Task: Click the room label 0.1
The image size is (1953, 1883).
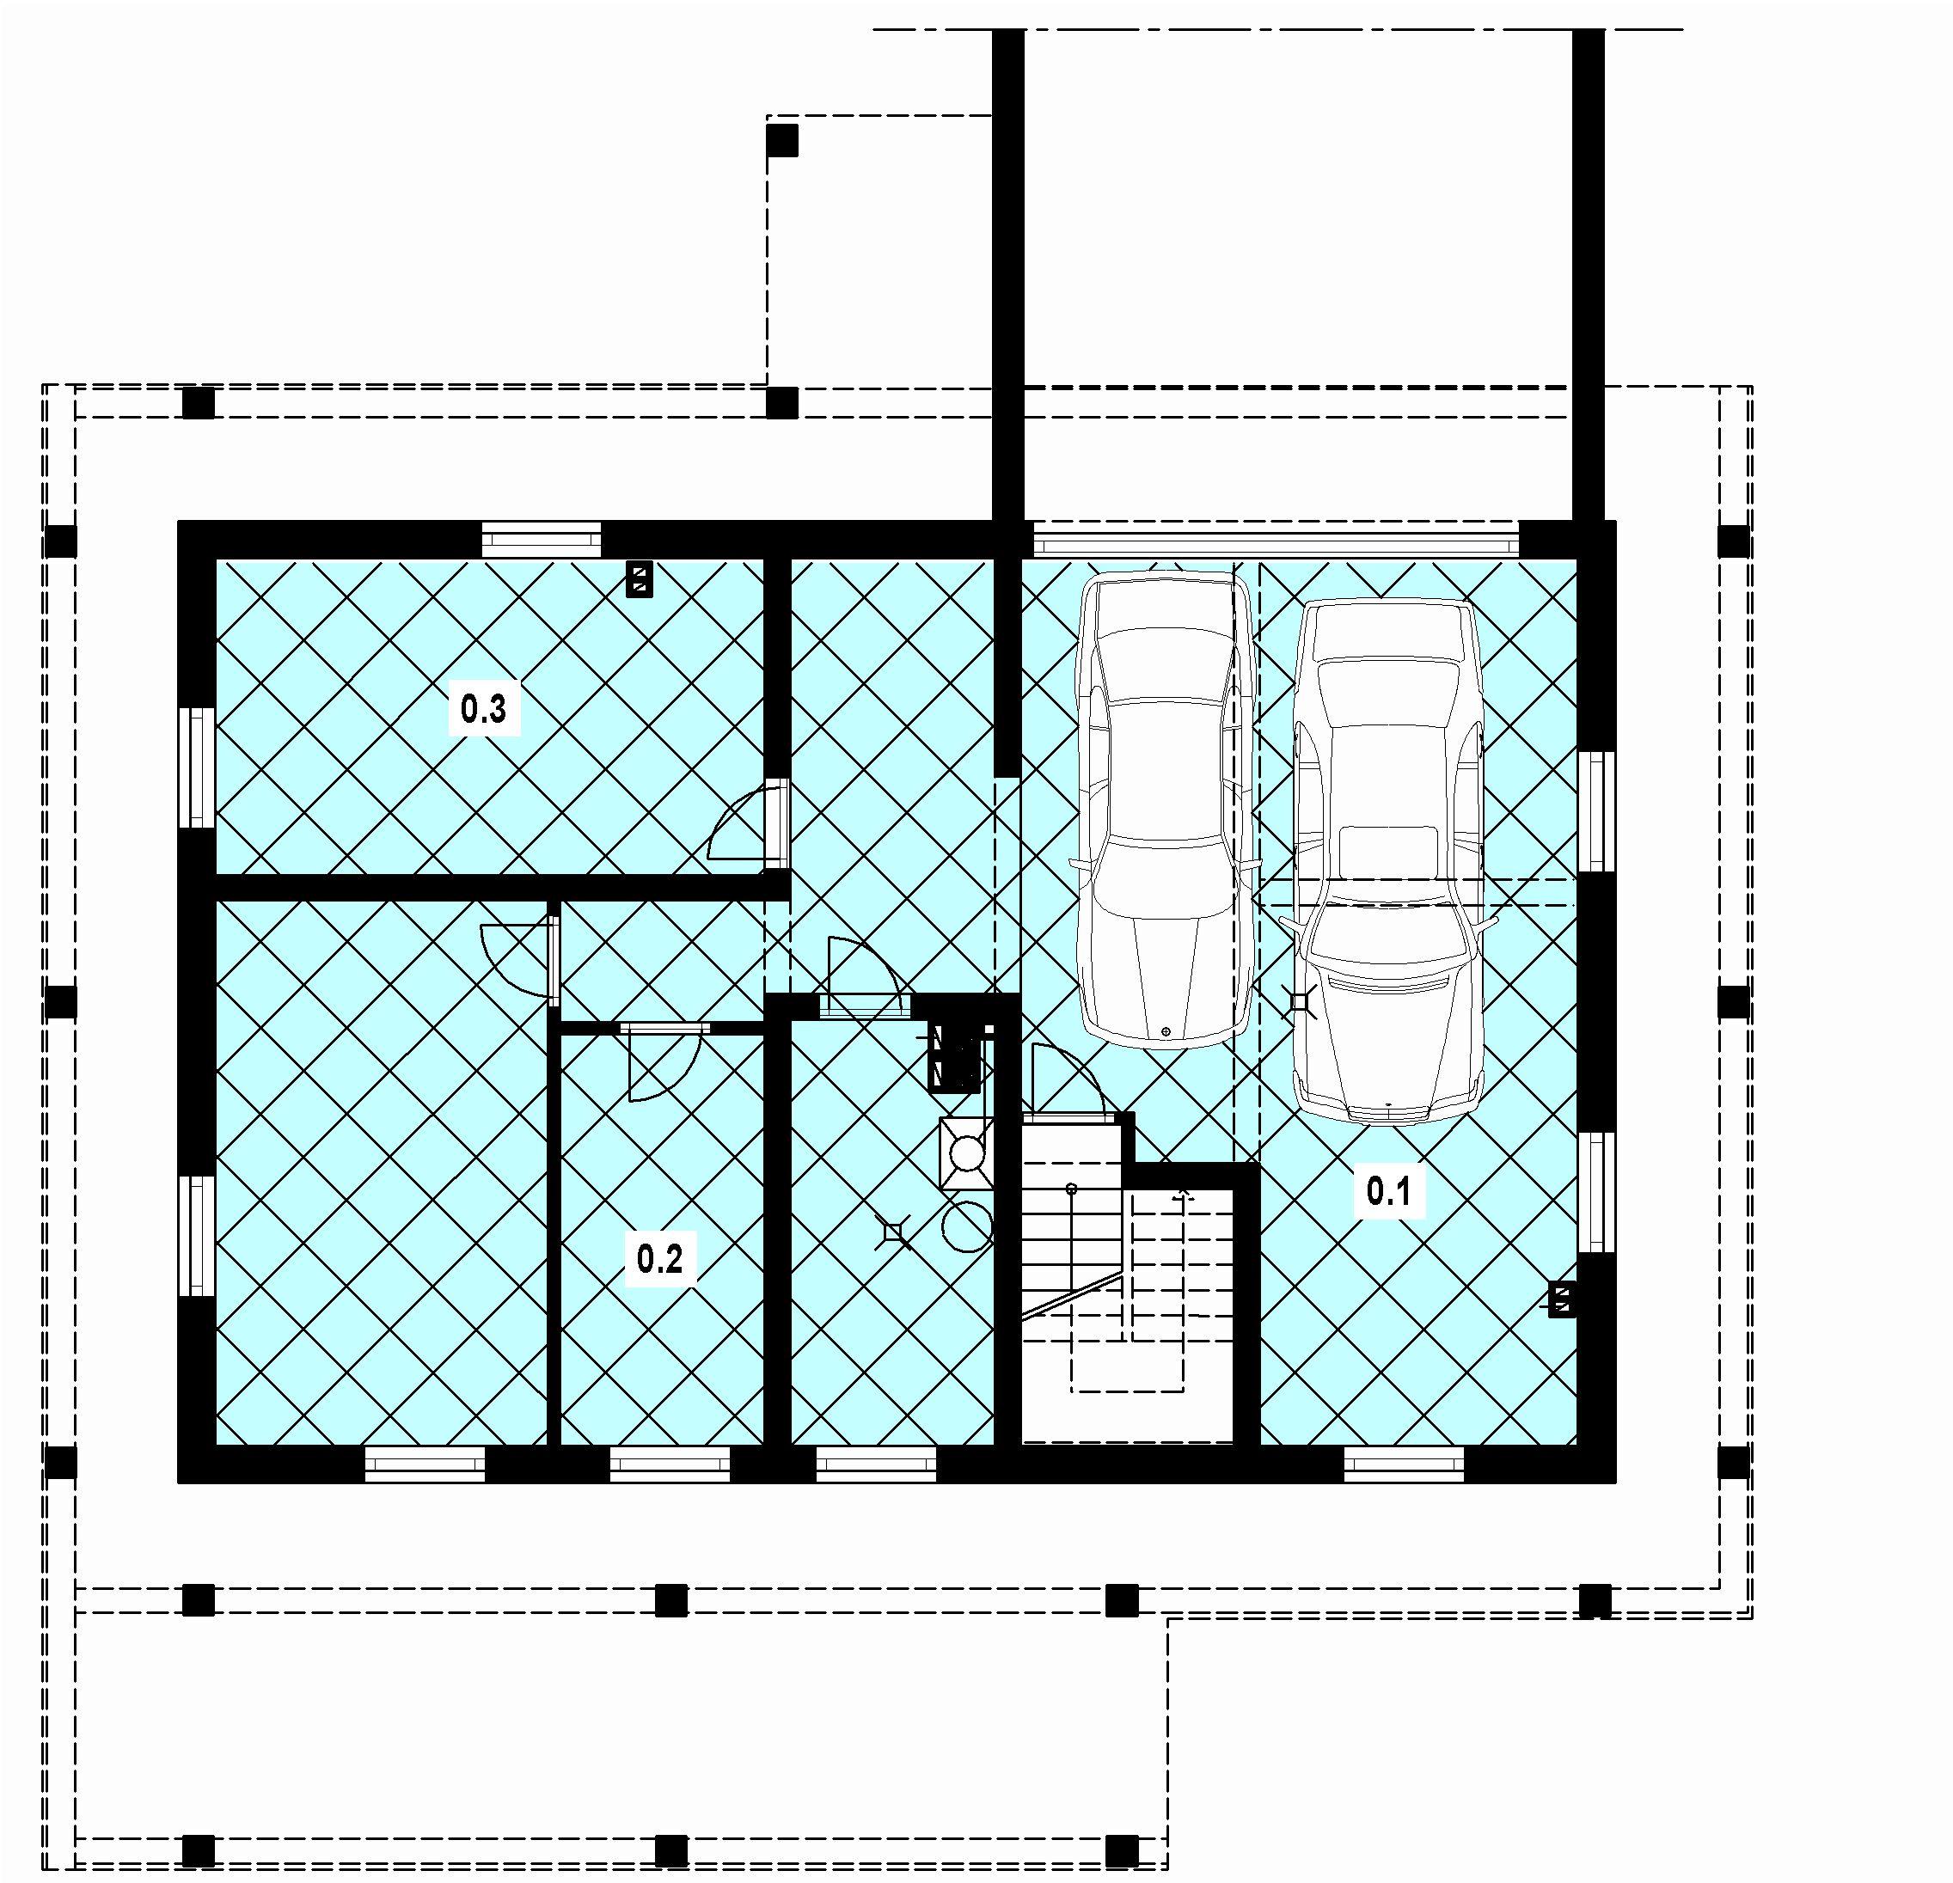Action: coord(1389,1190)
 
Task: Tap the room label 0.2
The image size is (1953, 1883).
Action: coord(659,1260)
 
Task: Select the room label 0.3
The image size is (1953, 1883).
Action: coord(483,709)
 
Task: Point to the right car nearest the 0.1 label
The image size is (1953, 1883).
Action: coord(1388,862)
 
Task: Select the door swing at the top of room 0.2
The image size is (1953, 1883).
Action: coord(665,1061)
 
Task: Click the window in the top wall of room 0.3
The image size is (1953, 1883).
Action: coord(542,541)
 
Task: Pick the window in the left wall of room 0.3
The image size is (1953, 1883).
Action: coord(198,767)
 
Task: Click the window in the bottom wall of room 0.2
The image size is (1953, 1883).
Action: coord(670,1464)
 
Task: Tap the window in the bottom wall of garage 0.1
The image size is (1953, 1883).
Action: coord(1404,1464)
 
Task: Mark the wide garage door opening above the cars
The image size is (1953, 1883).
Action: coord(1276,543)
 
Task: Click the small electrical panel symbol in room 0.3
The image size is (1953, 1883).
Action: coord(639,579)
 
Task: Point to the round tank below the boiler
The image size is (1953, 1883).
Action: coord(966,1226)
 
